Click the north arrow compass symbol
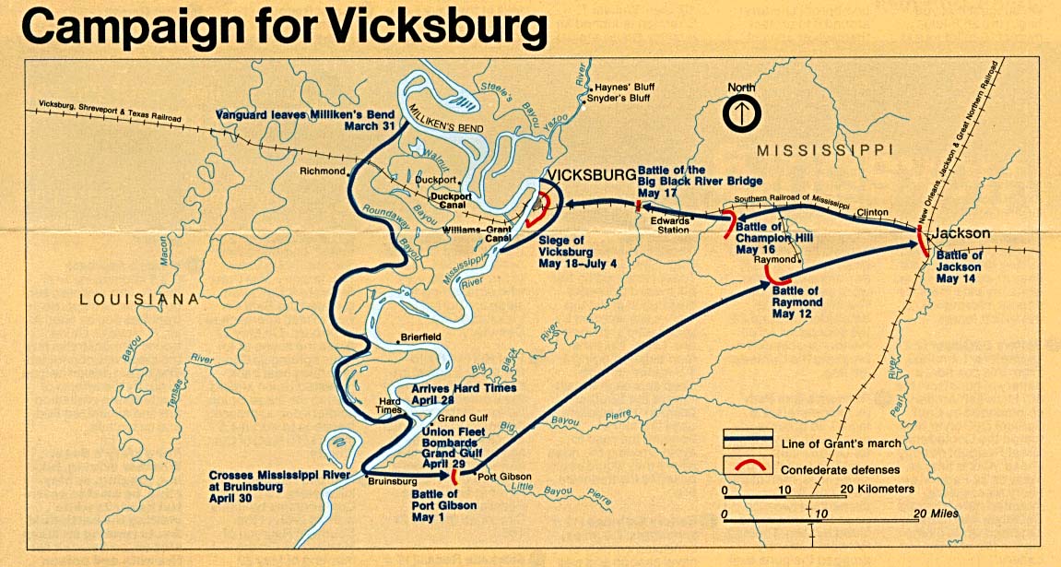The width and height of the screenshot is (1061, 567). pyautogui.click(x=742, y=113)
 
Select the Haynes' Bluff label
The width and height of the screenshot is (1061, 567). pyautogui.click(x=629, y=87)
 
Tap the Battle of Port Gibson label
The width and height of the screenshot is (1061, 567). pyautogui.click(x=440, y=506)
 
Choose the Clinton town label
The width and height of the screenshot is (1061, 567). pyautogui.click(x=872, y=212)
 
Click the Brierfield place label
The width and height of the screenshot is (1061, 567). pyautogui.click(x=421, y=338)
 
